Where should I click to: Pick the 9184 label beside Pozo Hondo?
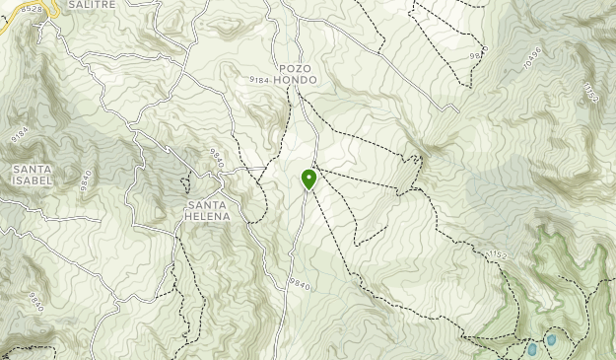259,79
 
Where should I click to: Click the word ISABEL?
33,181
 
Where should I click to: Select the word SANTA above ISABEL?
33,170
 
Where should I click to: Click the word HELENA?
208,216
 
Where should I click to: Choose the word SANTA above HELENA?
208,204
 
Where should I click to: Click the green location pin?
308,179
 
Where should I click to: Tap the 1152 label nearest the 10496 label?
590,92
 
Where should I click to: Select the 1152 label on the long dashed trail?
497,255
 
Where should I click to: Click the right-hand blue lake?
551,339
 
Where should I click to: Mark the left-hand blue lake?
532,348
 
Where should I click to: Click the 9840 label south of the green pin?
300,284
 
